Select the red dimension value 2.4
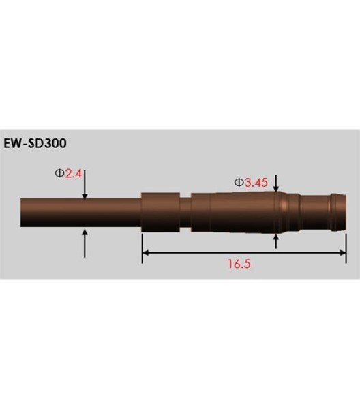pyautogui.click(x=74, y=174)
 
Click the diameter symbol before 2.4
pyautogui.click(x=59, y=174)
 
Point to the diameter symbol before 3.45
pyautogui.click(x=239, y=182)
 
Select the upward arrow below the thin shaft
pyautogui.click(x=85, y=242)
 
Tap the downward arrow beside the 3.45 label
pyautogui.click(x=276, y=183)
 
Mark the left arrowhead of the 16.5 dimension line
pyautogui.click(x=146, y=253)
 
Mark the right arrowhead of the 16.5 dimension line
pyautogui.click(x=343, y=253)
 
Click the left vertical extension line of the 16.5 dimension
pyautogui.click(x=142, y=245)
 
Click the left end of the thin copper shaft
pyautogui.click(x=23, y=213)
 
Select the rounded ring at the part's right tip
pyautogui.click(x=335, y=212)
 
